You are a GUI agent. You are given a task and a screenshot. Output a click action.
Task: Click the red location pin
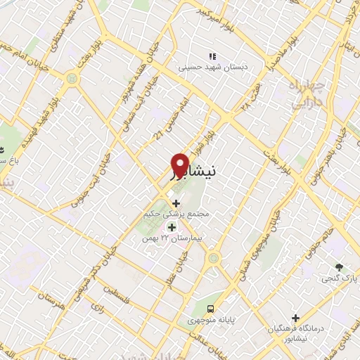coord(179,165)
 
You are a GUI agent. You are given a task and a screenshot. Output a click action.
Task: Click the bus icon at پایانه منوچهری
coord(210,308)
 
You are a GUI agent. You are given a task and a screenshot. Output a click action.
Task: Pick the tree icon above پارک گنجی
coord(339,267)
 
